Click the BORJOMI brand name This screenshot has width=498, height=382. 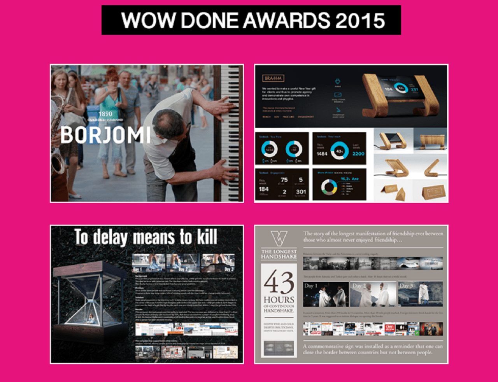click(105, 134)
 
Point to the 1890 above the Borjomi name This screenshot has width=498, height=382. click(105, 114)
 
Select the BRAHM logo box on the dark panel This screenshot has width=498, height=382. click(274, 78)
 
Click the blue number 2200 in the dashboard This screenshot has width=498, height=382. click(358, 154)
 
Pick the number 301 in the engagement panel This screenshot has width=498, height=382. click(300, 192)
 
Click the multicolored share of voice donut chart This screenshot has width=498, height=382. click(329, 187)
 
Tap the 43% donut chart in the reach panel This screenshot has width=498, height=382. click(339, 151)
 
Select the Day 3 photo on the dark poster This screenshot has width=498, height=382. click(218, 263)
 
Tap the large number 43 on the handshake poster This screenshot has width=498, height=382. click(279, 283)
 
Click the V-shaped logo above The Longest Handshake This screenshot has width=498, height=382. click(279, 238)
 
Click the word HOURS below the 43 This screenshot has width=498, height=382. click(279, 300)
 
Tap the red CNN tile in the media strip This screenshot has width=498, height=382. click(390, 329)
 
